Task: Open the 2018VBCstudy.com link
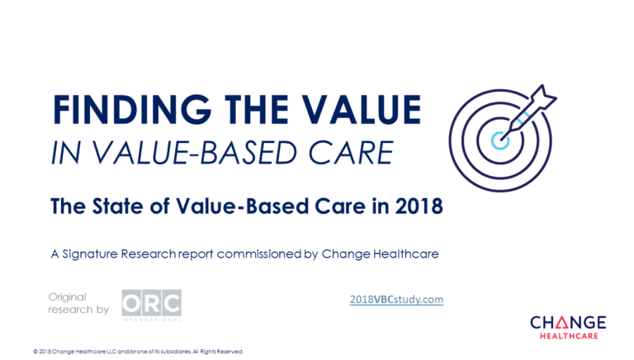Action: pyautogui.click(x=396, y=299)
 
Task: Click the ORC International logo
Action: pyautogui.click(x=151, y=305)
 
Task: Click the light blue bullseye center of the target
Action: pyautogui.click(x=499, y=137)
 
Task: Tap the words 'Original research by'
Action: pyautogui.click(x=78, y=303)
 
